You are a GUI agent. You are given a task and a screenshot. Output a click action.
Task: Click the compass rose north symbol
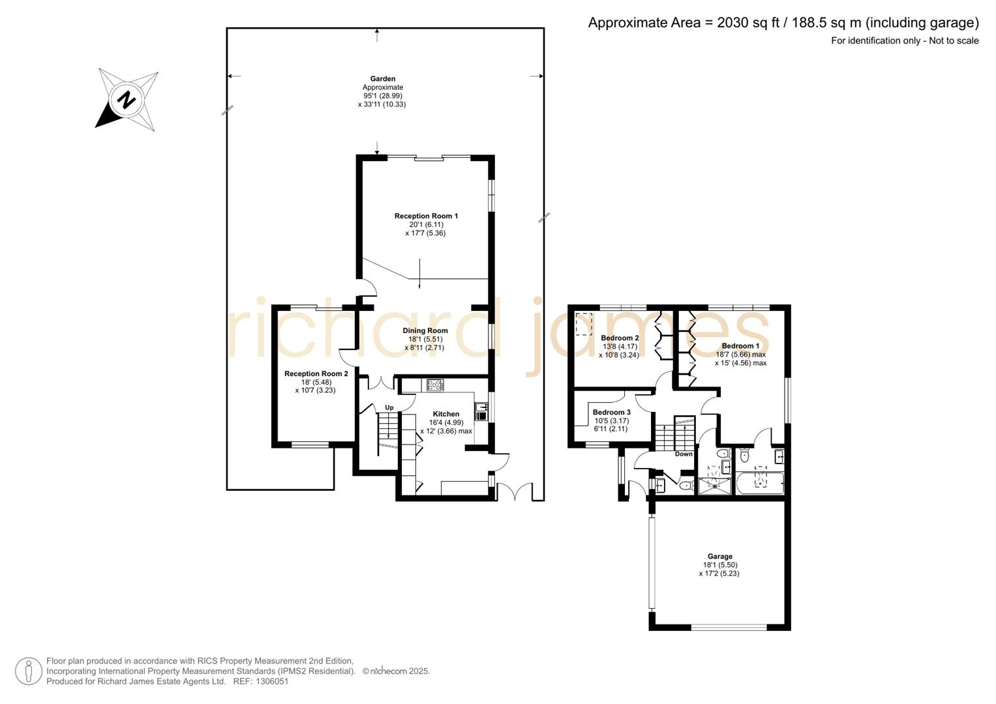127,100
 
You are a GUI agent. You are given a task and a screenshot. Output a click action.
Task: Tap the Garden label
383,79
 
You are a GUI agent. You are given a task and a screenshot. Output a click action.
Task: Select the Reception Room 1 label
426,216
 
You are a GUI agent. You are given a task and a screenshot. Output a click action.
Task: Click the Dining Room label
425,330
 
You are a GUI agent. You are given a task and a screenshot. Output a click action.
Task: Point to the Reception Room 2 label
316,374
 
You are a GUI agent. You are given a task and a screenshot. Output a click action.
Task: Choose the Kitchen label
446,414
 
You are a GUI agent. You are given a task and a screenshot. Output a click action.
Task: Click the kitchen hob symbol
435,385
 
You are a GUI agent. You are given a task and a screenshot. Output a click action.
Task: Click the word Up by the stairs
389,408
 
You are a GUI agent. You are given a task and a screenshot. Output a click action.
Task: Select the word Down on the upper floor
684,454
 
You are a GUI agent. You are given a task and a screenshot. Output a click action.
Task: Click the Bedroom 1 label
740,346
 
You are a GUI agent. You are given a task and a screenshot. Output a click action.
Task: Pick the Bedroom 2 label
620,338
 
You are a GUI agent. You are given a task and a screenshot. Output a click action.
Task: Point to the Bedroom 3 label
611,412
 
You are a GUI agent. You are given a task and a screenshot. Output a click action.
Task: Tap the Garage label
720,557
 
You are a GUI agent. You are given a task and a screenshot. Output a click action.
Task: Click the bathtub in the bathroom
760,482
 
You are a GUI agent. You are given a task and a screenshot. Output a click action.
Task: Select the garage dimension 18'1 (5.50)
720,565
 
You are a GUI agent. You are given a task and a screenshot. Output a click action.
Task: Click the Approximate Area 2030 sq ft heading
783,23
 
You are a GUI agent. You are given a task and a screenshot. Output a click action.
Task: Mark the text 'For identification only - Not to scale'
904,40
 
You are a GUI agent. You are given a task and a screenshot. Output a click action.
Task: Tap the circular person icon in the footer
29,671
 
